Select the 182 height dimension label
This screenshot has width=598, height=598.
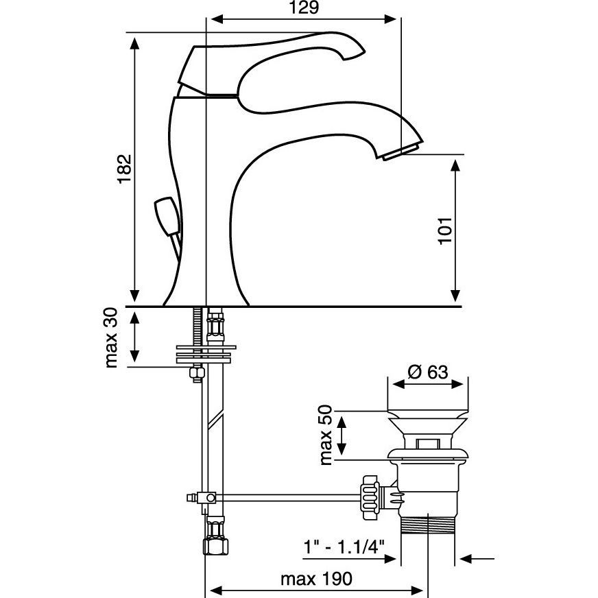point(124,168)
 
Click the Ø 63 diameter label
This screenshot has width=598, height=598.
point(428,372)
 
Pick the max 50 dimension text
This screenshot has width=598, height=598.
point(326,433)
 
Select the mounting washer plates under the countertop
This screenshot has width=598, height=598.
point(205,352)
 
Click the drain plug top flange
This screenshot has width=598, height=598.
point(429,418)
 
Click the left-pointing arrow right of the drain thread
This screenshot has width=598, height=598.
point(477,560)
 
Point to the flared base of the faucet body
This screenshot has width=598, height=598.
point(206,291)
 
